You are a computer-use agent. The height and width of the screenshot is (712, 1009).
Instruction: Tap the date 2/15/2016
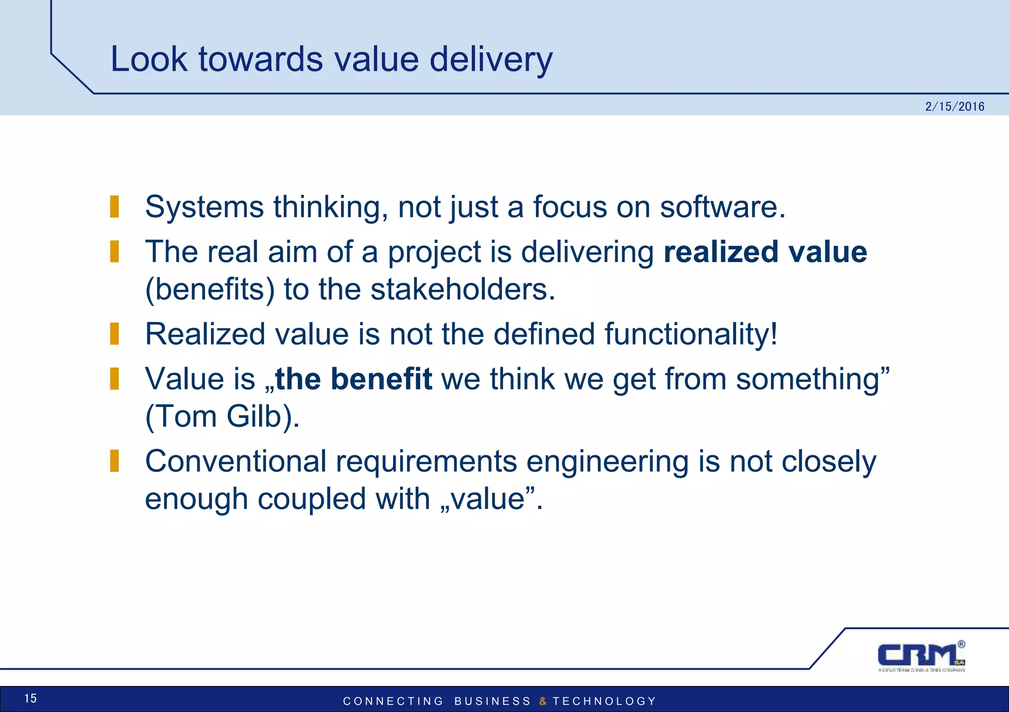pos(954,106)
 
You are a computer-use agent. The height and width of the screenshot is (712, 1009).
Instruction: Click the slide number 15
pos(31,698)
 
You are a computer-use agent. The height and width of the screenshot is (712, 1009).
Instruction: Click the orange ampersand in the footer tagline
pos(543,701)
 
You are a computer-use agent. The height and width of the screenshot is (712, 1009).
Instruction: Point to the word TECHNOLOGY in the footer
pos(605,701)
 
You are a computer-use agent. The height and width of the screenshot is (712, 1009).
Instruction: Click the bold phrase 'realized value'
pos(765,252)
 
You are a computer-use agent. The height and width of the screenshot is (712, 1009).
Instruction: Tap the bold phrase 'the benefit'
pos(354,379)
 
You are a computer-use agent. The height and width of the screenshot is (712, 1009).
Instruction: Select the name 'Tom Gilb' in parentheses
pos(222,416)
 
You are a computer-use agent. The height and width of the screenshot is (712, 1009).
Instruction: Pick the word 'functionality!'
pos(691,334)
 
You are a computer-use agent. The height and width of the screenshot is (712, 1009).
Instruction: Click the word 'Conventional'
pos(235,462)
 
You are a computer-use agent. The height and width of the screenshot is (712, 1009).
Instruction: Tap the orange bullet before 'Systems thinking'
pos(114,206)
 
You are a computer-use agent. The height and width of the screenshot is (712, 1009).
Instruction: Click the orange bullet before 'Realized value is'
pos(114,334)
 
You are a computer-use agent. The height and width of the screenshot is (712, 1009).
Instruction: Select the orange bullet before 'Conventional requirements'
pos(114,461)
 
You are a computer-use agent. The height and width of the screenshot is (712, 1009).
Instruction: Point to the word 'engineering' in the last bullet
pos(607,462)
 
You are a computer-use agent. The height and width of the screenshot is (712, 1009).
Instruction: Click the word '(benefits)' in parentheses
pos(210,289)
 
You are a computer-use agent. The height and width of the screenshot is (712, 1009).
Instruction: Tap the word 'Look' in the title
pos(148,59)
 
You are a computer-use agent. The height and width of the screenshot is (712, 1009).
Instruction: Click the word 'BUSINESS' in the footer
pos(492,701)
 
